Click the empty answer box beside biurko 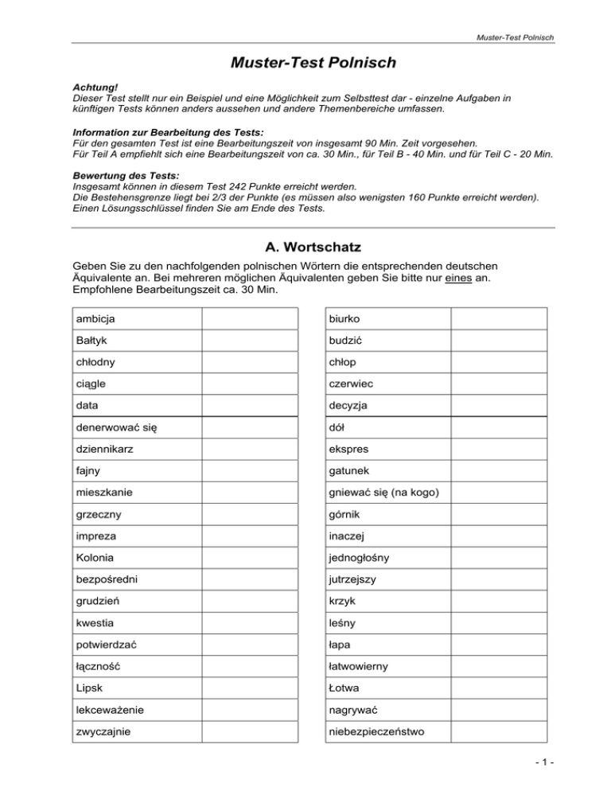pyautogui.click(x=500, y=318)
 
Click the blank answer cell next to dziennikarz pyautogui.click(x=250, y=448)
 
